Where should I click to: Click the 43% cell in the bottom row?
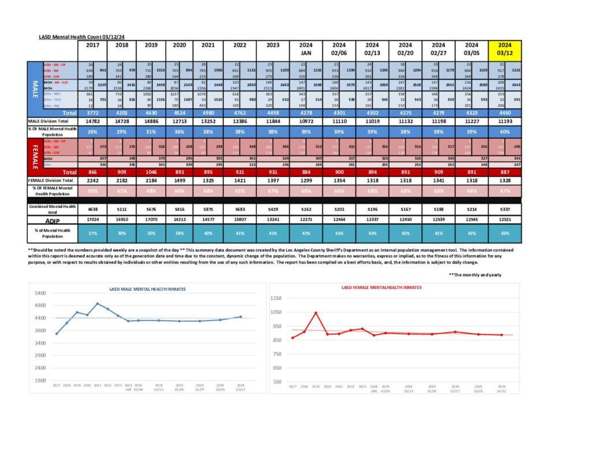504,233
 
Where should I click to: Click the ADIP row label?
51,220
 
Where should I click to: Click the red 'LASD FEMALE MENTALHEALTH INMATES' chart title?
381,287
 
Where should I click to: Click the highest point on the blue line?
98,304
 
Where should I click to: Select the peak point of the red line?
316,313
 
